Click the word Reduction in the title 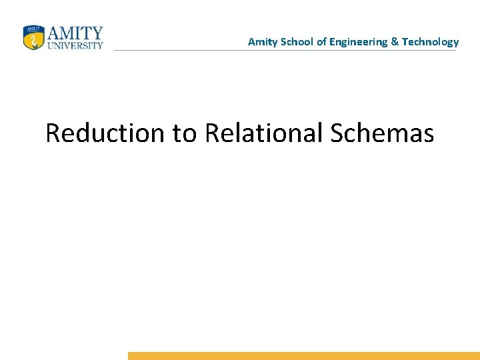[x=105, y=133]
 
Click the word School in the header [x=295, y=42]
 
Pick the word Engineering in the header [x=359, y=42]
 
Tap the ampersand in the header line [x=395, y=42]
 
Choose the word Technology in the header [x=430, y=42]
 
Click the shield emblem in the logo [x=33, y=37]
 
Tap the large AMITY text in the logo [x=75, y=33]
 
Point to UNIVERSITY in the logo [x=75, y=46]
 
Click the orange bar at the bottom [x=303, y=356]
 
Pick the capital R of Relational [x=213, y=133]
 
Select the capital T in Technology [x=405, y=42]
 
